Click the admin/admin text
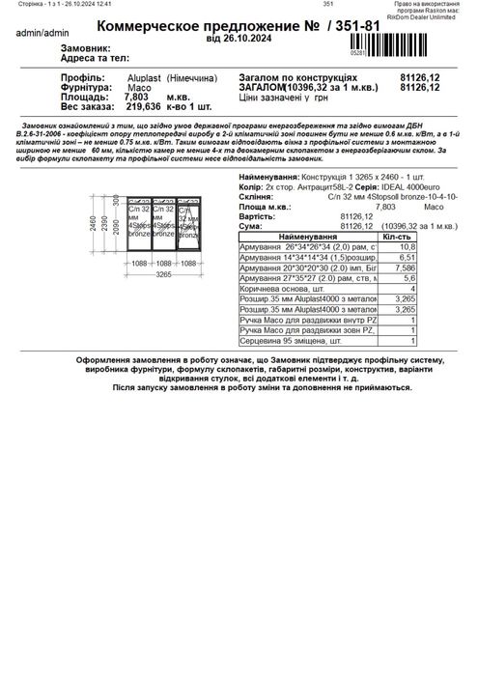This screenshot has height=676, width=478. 30,32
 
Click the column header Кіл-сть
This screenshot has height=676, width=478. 398,236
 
